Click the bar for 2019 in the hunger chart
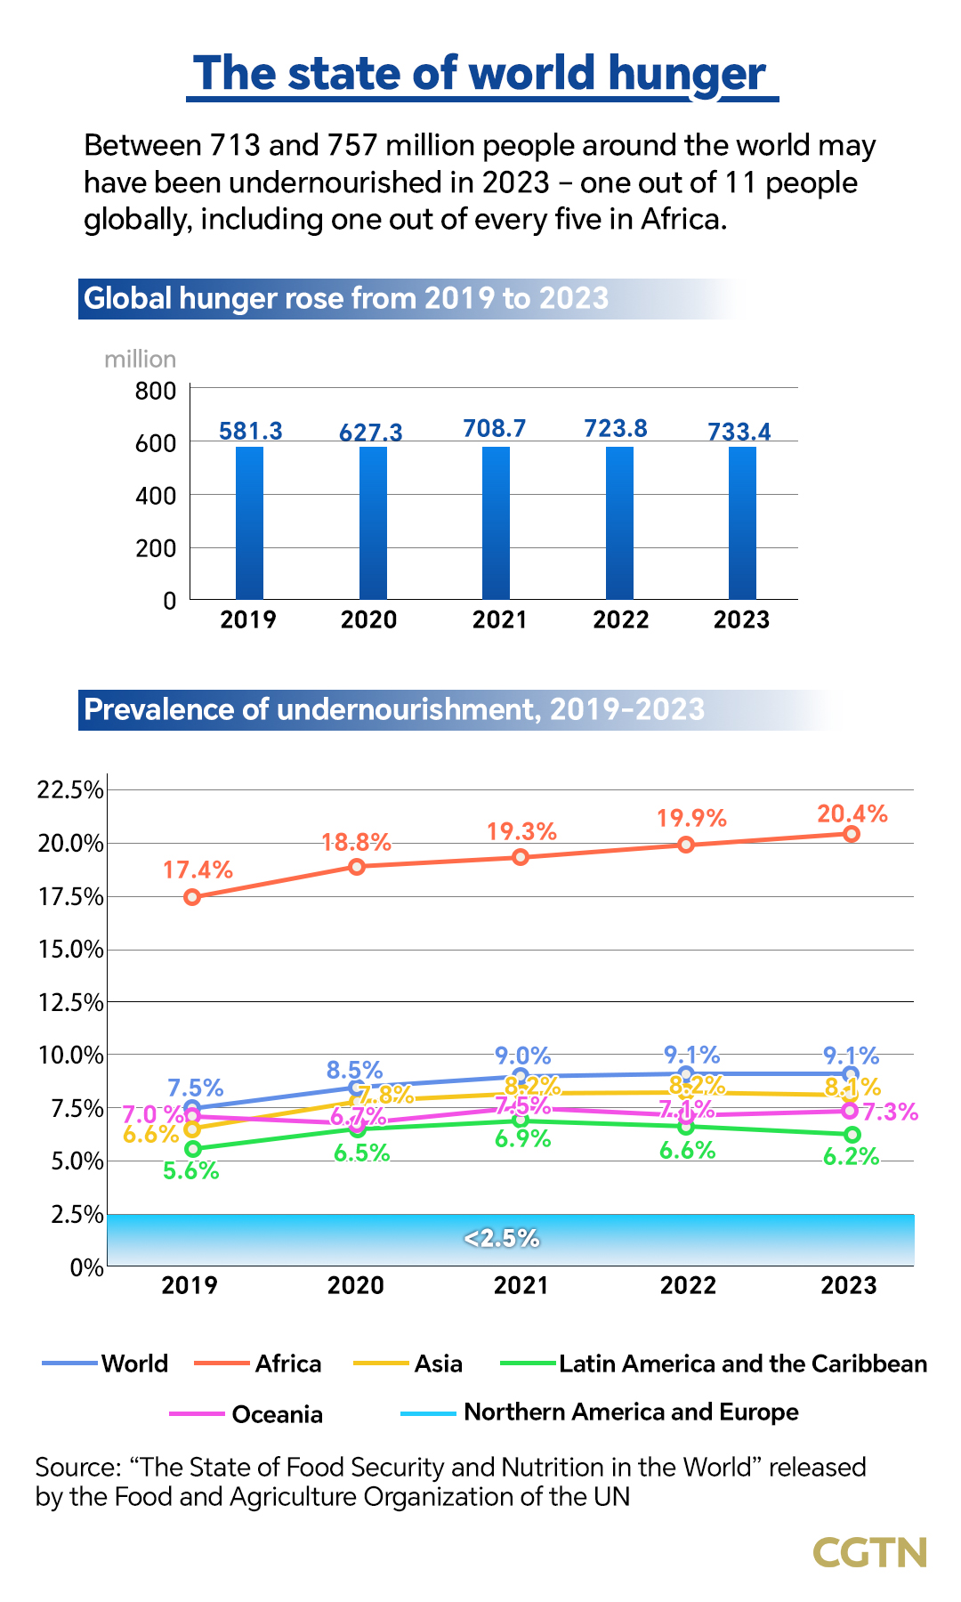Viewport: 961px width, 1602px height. pyautogui.click(x=249, y=522)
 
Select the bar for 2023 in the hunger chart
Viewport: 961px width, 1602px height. pyautogui.click(x=742, y=522)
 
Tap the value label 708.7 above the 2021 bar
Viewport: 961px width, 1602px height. pyautogui.click(x=495, y=429)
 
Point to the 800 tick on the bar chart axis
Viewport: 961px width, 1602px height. pyautogui.click(x=156, y=391)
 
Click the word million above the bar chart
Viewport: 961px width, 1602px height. pyautogui.click(x=140, y=360)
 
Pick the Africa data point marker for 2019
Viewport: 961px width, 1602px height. pyautogui.click(x=192, y=897)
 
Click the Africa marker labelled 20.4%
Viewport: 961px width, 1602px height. pyautogui.click(x=852, y=834)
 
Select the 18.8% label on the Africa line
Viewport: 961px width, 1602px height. pyautogui.click(x=356, y=842)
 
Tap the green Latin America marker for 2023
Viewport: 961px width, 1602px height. pyautogui.click(x=852, y=1135)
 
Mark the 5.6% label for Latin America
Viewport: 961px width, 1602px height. pyautogui.click(x=190, y=1171)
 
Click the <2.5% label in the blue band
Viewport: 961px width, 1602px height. pyautogui.click(x=502, y=1239)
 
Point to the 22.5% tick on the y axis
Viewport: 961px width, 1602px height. pyautogui.click(x=70, y=790)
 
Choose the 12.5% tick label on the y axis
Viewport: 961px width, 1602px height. pyautogui.click(x=70, y=1003)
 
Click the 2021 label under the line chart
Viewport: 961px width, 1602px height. pyautogui.click(x=521, y=1285)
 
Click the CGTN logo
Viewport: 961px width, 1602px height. pyautogui.click(x=869, y=1552)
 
